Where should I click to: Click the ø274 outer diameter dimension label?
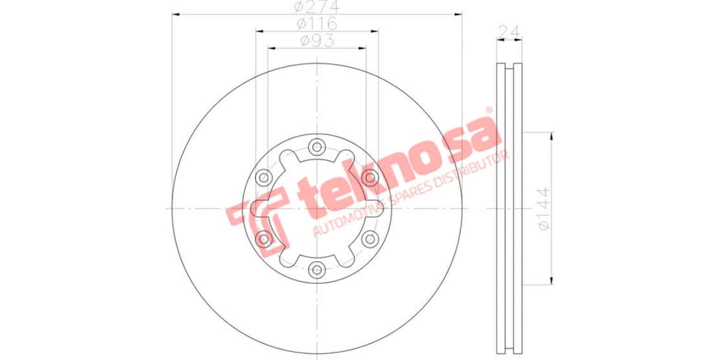(317, 7)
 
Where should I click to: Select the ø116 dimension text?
(317, 24)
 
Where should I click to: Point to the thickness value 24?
(509, 31)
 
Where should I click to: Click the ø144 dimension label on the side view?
(544, 208)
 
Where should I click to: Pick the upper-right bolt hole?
(370, 177)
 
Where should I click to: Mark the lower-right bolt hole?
(370, 239)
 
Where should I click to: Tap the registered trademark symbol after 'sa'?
(489, 110)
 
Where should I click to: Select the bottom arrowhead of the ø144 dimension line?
(551, 281)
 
